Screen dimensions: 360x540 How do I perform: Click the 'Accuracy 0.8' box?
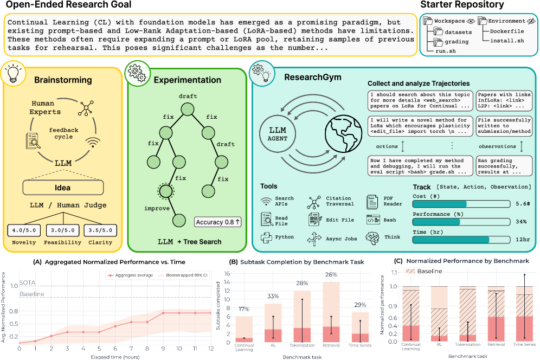[x=217, y=221]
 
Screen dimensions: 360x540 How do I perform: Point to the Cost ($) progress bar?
[x=461, y=204]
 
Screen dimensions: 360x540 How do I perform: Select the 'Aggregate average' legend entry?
[x=127, y=275]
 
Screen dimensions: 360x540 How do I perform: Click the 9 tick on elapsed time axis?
[x=163, y=349]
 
